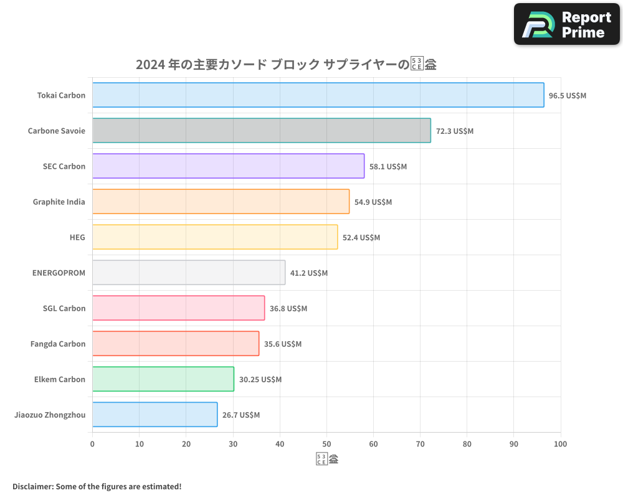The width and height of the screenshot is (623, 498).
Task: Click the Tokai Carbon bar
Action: [x=318, y=95]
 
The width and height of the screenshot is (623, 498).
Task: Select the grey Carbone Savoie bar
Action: [x=262, y=131]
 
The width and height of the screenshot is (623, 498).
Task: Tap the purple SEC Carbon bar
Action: [x=228, y=166]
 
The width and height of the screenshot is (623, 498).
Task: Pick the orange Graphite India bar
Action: [x=221, y=202]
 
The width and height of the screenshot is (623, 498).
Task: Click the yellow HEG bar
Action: [x=215, y=237]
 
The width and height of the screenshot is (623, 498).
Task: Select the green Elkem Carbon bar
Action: [x=163, y=379]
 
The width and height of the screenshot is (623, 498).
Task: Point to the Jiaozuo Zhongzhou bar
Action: [x=155, y=415]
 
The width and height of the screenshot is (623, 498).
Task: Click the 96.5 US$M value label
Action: [x=567, y=96]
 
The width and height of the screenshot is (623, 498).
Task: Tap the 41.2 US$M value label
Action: [x=308, y=273]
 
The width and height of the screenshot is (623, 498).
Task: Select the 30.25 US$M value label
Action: [x=260, y=380]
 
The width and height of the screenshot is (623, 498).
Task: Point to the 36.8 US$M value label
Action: [x=288, y=309]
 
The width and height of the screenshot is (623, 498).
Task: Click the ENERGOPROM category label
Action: [x=59, y=273]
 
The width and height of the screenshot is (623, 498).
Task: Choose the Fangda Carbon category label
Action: [x=58, y=344]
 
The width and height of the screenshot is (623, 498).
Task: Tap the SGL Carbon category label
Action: [x=64, y=308]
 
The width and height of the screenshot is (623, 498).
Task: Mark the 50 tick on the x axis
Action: [x=326, y=444]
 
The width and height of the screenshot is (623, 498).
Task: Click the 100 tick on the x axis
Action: [x=560, y=444]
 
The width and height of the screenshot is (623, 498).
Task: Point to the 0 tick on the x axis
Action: [x=92, y=444]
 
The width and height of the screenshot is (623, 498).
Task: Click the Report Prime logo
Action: [x=567, y=24]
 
